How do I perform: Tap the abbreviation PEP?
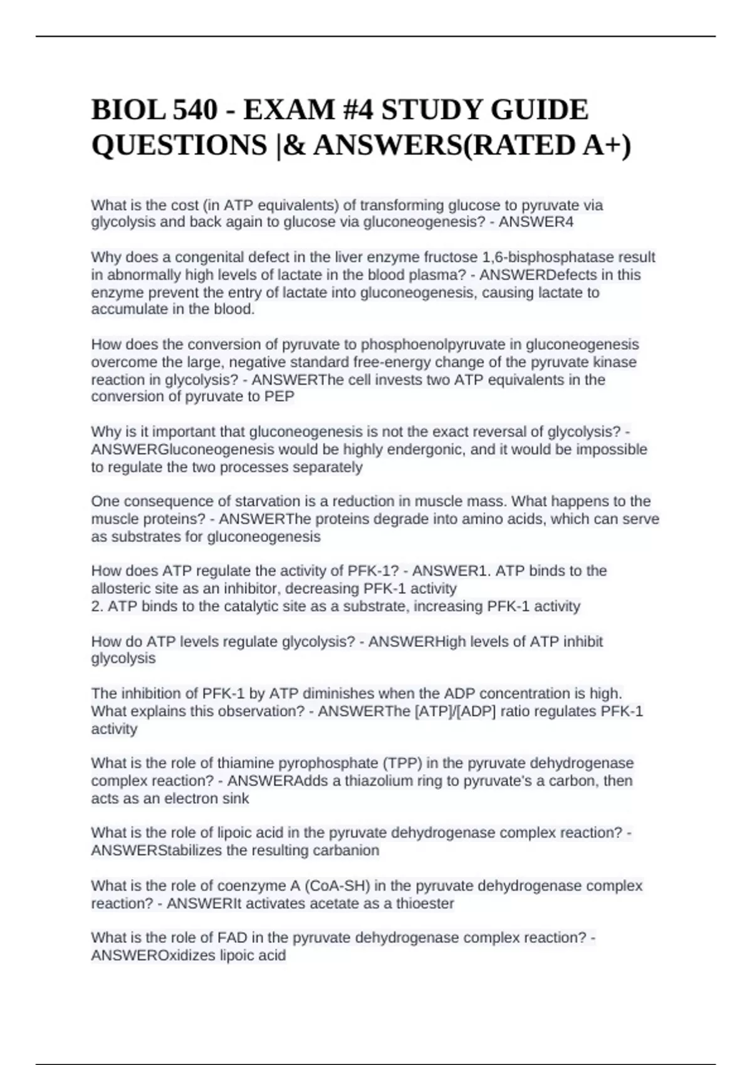(x=280, y=397)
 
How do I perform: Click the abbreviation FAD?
(x=232, y=938)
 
